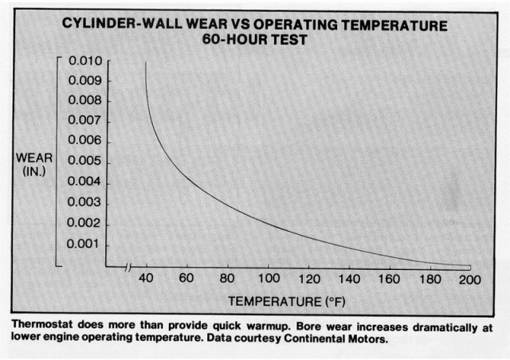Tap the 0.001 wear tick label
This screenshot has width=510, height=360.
(x=84, y=243)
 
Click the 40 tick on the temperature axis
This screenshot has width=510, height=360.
(x=146, y=280)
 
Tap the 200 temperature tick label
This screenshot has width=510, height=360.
(x=471, y=280)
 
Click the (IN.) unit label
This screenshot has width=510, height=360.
(x=34, y=171)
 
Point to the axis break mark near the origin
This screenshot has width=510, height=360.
(x=130, y=267)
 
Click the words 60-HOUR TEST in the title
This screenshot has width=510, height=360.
(x=254, y=39)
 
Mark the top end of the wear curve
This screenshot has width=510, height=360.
(x=145, y=62)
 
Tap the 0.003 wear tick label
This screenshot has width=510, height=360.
(x=84, y=202)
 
